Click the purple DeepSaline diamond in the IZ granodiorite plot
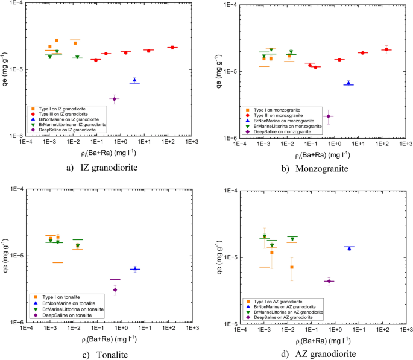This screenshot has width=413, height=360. (115, 99)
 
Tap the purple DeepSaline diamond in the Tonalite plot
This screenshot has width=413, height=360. (115, 290)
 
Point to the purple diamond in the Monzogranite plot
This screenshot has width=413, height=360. (329, 116)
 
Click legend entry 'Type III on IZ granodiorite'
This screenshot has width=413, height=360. (65, 114)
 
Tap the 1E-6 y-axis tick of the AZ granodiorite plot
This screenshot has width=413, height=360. (230, 324)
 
